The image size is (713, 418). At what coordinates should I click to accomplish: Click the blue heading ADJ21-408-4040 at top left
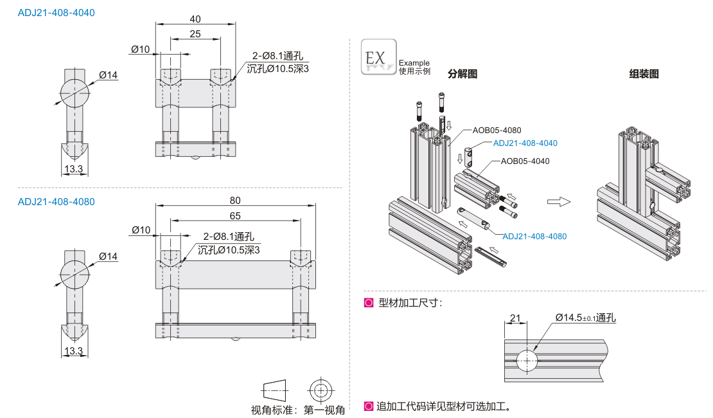coord(56,12)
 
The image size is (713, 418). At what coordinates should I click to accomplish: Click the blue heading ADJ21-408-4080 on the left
coord(56,201)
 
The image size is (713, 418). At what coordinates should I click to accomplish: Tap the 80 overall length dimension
coord(236,200)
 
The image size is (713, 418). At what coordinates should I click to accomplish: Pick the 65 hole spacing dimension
coord(236,215)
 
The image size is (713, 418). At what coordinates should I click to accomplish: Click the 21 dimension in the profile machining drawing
coord(515,317)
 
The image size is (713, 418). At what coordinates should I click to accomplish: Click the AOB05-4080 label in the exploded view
coord(497,131)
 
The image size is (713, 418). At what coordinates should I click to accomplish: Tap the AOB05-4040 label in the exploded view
coord(525,161)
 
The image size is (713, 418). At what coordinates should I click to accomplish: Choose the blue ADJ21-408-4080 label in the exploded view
coord(534,236)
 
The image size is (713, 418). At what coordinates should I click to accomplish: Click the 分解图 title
coord(462,74)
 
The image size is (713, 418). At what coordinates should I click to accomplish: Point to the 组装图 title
coord(644,74)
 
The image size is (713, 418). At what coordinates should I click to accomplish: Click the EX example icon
coord(378,57)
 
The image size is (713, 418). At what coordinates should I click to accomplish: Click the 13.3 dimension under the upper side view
coord(74,169)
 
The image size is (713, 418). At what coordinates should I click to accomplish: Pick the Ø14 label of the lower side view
coord(108,257)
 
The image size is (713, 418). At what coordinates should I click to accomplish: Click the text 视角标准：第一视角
coord(297,410)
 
